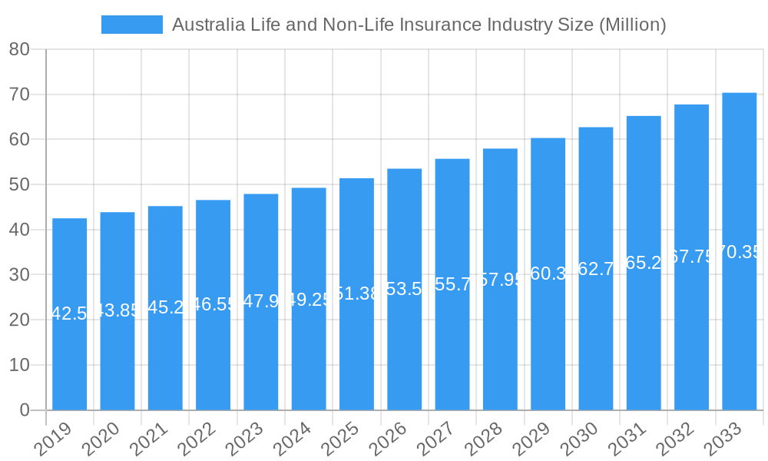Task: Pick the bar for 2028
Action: tap(500, 346)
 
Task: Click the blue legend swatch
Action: tap(131, 25)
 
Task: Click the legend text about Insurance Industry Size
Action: tap(419, 25)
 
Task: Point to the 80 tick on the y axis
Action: tap(19, 50)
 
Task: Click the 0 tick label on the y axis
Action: tap(25, 410)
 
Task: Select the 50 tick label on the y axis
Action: tap(19, 185)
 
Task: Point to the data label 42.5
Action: tap(69, 313)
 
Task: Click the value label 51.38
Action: tap(356, 294)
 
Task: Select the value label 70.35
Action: tap(739, 252)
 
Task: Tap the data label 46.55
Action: tap(213, 304)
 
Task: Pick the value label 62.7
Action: tap(596, 269)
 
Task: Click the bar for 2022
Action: tap(213, 353)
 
